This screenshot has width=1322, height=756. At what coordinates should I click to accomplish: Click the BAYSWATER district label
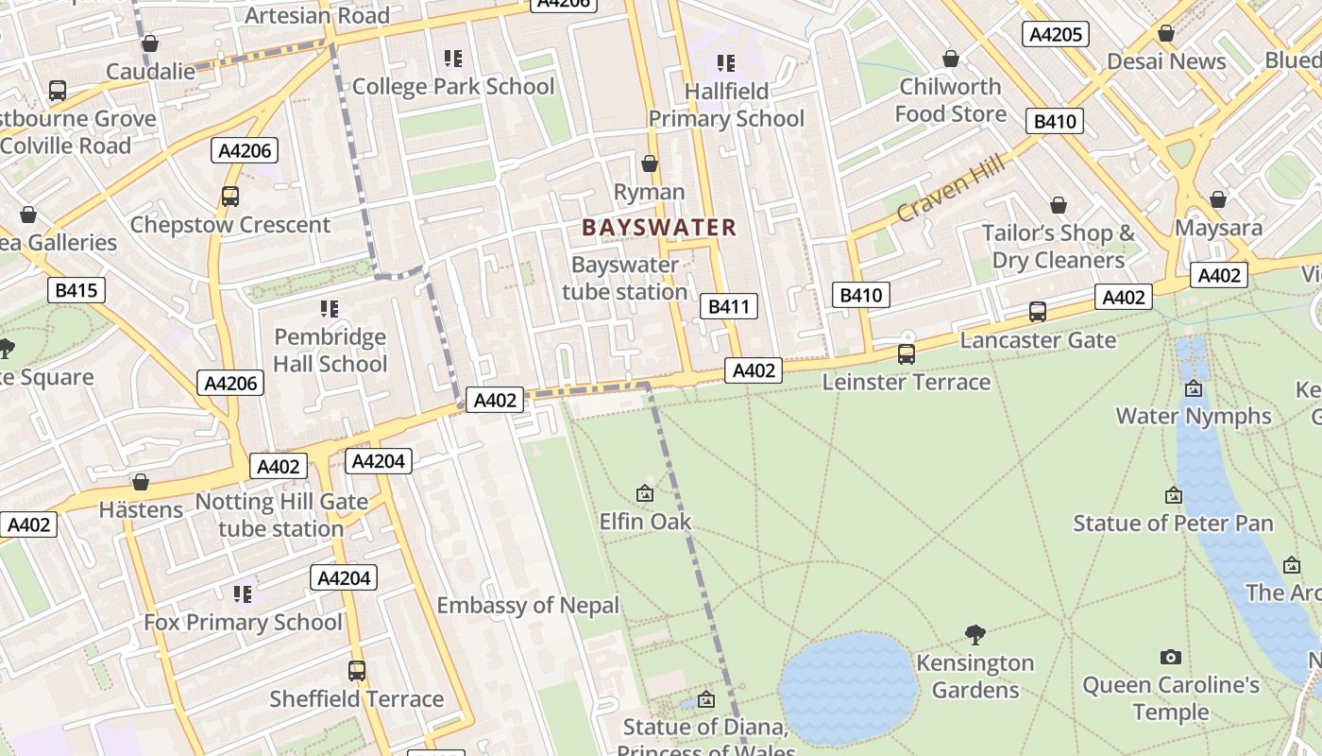point(658,227)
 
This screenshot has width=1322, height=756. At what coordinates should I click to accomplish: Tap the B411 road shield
point(728,305)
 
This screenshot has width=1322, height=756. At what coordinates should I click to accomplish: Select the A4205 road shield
point(1055,35)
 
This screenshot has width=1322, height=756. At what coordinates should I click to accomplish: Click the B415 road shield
point(76,290)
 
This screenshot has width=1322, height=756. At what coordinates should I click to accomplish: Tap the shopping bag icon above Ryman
point(650,164)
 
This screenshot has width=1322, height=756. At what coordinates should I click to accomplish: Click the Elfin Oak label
point(645,522)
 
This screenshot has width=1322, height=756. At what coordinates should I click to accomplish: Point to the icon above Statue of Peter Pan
point(1173,495)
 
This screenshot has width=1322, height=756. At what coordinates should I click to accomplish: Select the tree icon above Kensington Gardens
point(975,634)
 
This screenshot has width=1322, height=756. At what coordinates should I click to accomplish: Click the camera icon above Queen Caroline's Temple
point(1170,657)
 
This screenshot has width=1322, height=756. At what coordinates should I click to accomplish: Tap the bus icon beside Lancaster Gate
point(1037,312)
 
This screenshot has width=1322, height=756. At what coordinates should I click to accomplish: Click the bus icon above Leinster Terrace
point(906,354)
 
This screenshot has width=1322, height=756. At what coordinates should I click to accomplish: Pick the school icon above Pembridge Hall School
point(330,309)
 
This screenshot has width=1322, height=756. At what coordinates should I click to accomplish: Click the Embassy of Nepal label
point(528,605)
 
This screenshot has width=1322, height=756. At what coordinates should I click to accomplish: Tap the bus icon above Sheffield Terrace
point(356,671)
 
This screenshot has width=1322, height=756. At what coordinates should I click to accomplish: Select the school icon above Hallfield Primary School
point(725,63)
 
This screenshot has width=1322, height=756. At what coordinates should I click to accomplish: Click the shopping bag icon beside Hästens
point(141,483)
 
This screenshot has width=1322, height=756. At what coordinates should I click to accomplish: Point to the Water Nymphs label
point(1194,416)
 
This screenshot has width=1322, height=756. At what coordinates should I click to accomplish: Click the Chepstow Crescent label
point(230,225)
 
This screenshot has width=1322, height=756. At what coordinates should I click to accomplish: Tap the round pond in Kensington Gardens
point(848,687)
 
